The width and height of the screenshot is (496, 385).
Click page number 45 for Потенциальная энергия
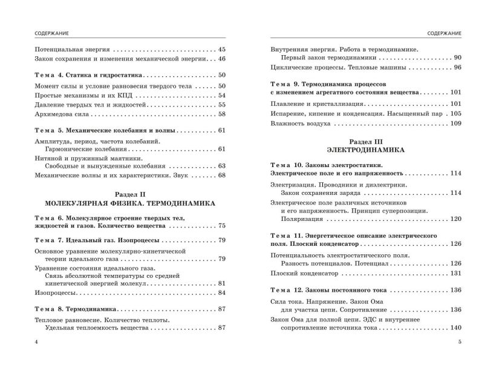[x=221, y=49]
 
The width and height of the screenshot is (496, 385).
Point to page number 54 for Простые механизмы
[x=221, y=95]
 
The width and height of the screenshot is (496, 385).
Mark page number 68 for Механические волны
[x=221, y=176]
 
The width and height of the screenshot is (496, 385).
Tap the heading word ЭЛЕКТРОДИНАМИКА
[x=365, y=148]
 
